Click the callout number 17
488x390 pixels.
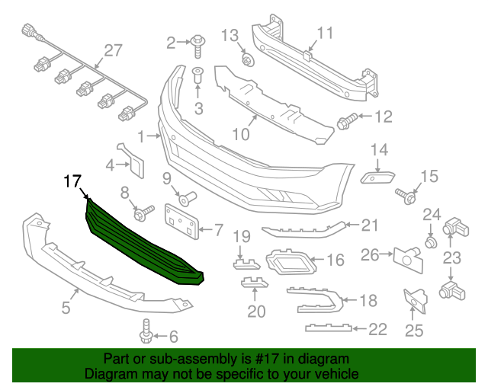[x=72, y=182]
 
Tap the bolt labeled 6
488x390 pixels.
[x=146, y=332]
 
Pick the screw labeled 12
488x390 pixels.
[x=348, y=120]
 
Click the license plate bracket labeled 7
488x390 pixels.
[x=181, y=219]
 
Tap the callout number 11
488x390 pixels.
[x=325, y=33]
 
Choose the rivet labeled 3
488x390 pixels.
[x=198, y=78]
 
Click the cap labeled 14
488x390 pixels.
[x=376, y=176]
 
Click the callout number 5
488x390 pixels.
[x=66, y=308]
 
